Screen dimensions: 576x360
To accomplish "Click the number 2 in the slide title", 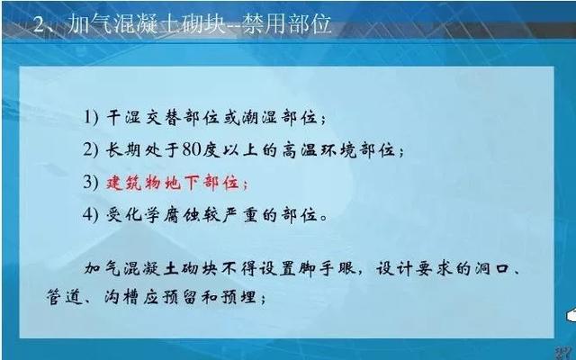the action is click(x=39, y=25).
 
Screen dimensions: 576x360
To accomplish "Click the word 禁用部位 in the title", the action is click(x=286, y=24).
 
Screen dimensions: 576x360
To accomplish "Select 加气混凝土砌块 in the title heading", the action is click(x=146, y=24).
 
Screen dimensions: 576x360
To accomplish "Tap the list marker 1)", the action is click(x=91, y=118).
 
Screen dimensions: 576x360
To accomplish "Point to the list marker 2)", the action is click(x=91, y=150).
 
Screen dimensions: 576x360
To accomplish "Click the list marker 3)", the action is click(x=91, y=182).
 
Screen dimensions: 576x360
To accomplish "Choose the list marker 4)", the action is click(x=91, y=214).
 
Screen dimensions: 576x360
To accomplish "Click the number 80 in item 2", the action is click(x=191, y=150).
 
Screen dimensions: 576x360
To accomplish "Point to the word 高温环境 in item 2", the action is click(x=319, y=150).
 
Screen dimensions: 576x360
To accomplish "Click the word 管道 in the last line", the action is click(x=64, y=297).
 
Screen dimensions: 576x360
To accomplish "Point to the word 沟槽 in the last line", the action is click(x=122, y=297).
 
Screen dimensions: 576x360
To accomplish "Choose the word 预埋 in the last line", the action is click(x=239, y=297).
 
